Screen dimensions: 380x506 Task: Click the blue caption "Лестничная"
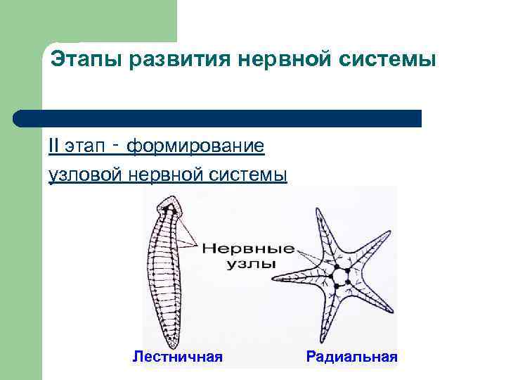(x=178, y=357)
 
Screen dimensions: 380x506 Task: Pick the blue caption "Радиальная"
(x=351, y=357)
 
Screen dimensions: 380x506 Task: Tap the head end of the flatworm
(x=168, y=207)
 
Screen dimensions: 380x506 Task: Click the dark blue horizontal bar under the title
(x=218, y=118)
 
